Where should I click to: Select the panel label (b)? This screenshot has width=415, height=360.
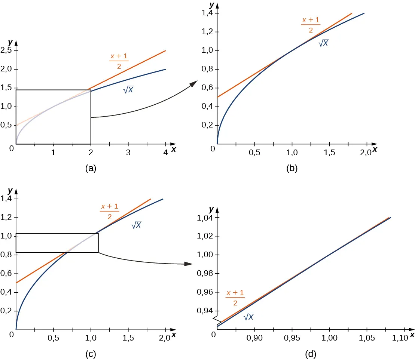click(292, 169)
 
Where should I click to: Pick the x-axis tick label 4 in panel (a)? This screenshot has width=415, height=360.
click(165, 153)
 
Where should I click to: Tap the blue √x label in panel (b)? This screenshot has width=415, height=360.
click(323, 43)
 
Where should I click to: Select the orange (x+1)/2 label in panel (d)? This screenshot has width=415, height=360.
click(235, 298)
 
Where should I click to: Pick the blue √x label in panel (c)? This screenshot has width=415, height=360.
click(136, 225)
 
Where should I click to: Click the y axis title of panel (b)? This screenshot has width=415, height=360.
click(212, 5)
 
